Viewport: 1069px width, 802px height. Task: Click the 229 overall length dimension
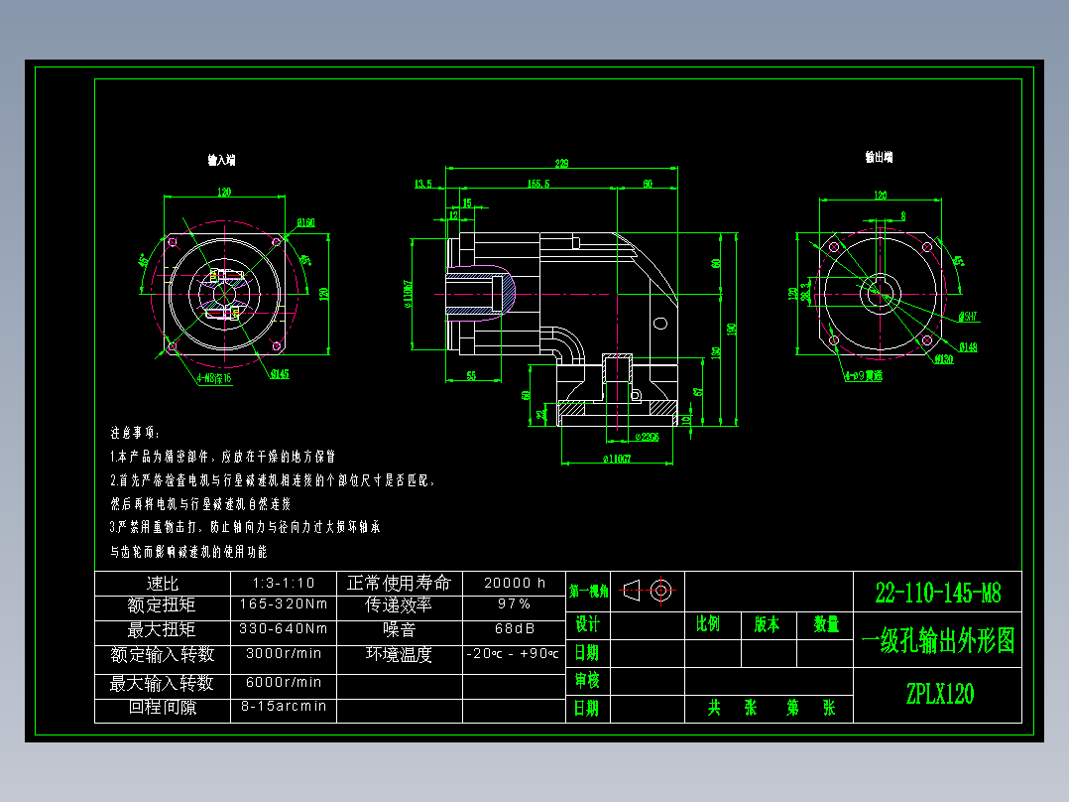pos(561,163)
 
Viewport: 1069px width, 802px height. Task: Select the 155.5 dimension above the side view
pos(538,184)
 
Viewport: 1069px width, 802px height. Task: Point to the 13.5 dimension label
pos(423,184)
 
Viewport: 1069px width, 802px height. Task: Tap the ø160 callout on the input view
pos(305,223)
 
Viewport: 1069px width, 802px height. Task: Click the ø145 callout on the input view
pos(279,373)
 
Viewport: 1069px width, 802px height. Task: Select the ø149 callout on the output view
pos(968,347)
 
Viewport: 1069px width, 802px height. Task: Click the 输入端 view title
pos(221,159)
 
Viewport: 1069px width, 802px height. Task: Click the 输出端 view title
pos(879,157)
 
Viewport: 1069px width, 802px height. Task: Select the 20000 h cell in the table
pos(514,583)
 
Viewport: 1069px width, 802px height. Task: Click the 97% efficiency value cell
pos(514,603)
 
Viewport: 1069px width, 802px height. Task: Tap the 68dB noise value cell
pos(514,628)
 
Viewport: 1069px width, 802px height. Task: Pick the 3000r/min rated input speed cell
pos(283,654)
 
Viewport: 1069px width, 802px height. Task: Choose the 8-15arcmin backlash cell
pos(283,707)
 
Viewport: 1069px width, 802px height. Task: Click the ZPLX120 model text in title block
pos(939,694)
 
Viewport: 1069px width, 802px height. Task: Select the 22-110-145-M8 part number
pos(938,594)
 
